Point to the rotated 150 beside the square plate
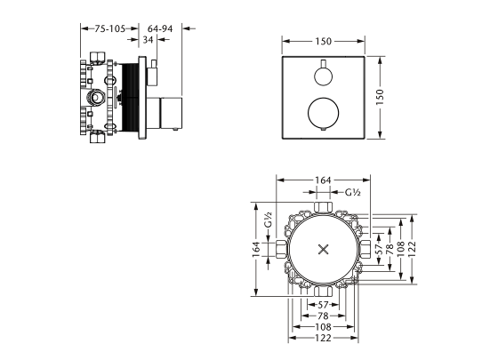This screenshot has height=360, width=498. [391, 99]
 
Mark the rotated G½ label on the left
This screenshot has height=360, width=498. [267, 217]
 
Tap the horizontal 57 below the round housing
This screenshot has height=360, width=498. [323, 303]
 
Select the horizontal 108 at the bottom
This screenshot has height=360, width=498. [323, 326]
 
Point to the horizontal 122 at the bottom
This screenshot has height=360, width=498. [323, 339]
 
